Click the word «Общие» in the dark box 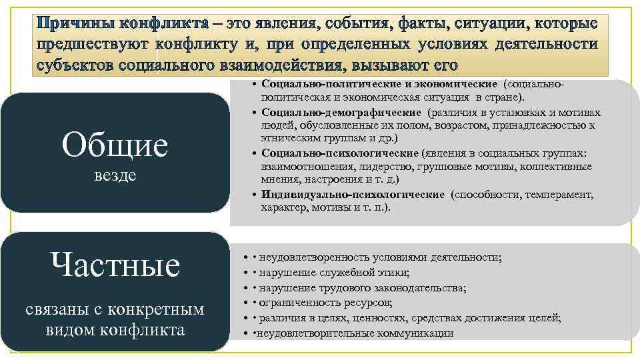(x=115, y=145)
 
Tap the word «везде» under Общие (x=115, y=176)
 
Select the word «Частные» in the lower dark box (x=115, y=265)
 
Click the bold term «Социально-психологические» (x=340, y=153)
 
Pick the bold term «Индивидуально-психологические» (x=353, y=194)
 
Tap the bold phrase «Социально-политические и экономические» (x=379, y=84)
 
